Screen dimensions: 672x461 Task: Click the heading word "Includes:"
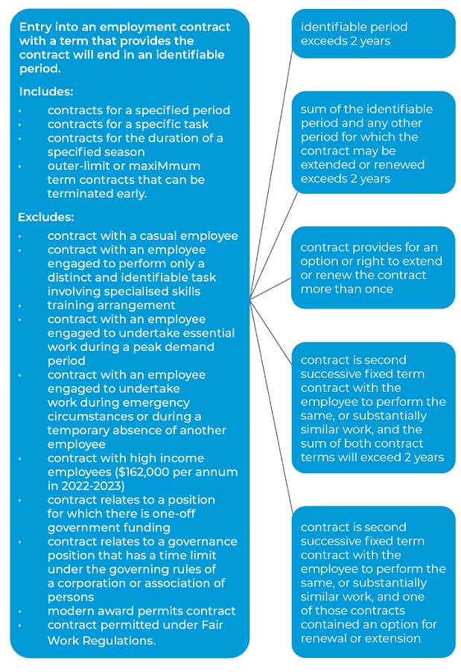coord(46,92)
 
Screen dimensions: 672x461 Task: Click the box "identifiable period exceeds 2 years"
coord(372,34)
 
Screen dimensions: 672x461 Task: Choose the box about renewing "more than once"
coord(372,267)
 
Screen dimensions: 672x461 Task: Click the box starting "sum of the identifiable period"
coord(372,143)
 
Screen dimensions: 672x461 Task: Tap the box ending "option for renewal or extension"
coord(372,582)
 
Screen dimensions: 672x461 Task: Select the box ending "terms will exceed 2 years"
coord(372,408)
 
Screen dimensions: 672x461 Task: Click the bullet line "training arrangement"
coord(111,305)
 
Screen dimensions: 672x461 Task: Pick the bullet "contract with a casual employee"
coord(142,236)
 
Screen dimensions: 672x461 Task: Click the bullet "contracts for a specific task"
coord(127,124)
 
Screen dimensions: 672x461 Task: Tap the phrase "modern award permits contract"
coord(142,611)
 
